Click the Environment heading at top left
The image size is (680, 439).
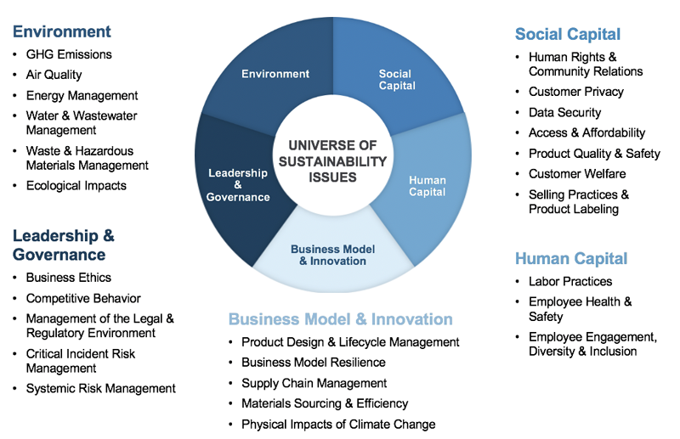coord(61,32)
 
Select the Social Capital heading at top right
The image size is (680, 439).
coord(568,35)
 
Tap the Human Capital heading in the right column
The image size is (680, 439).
coord(571,259)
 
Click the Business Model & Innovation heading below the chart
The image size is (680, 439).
coord(340,319)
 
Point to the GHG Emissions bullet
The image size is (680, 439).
coord(69,54)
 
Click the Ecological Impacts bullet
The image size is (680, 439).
coord(76,185)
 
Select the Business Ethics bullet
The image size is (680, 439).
coord(69,278)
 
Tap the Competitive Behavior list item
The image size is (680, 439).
coord(83,298)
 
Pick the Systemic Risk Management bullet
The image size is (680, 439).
coord(100,388)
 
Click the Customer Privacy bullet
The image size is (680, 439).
coord(575,92)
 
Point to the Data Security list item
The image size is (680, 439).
coord(564,112)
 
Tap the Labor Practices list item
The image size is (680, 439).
coord(569,281)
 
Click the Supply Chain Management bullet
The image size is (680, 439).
coord(314,383)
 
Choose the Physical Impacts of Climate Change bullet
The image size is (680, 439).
coord(338,424)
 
